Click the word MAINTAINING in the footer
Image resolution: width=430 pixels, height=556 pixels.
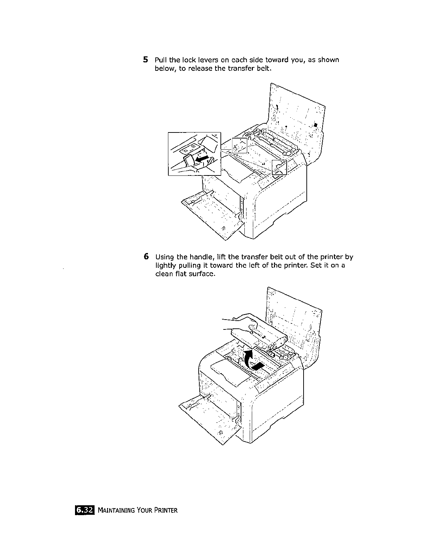tap(117, 510)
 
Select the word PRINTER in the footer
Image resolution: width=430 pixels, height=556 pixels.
tap(165, 510)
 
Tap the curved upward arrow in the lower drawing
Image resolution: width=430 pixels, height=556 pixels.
tap(246, 360)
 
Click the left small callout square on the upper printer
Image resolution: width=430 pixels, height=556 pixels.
tap(239, 146)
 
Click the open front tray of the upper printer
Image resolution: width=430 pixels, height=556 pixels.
tap(211, 215)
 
